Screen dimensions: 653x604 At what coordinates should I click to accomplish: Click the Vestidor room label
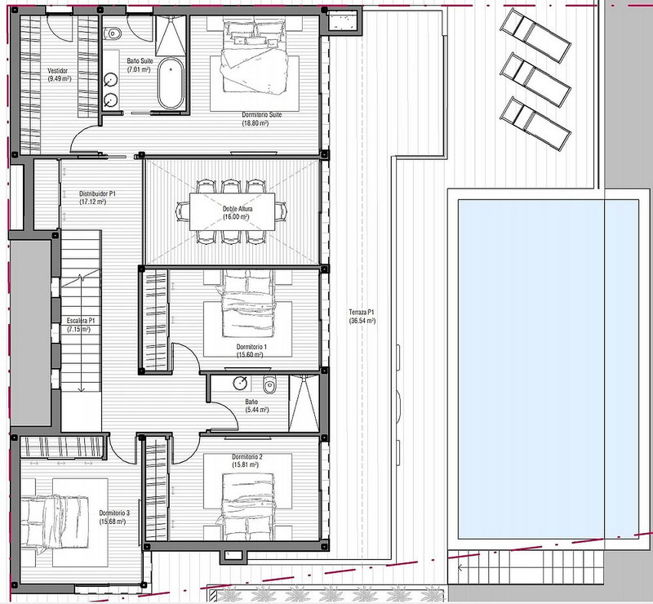point(57,71)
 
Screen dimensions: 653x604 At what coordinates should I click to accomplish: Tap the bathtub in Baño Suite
point(171,83)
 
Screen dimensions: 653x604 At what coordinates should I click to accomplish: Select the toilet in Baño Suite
point(112,33)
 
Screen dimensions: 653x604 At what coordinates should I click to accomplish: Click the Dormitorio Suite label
point(262,114)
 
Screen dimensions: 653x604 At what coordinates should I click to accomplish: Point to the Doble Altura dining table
point(232,211)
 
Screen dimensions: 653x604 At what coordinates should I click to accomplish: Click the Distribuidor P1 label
point(97,193)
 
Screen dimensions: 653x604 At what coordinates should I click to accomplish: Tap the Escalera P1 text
point(81,321)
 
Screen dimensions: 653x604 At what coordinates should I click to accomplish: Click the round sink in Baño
point(240,384)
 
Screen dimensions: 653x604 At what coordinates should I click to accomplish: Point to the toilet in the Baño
point(270,384)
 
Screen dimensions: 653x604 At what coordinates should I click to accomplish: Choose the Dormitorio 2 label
point(247,456)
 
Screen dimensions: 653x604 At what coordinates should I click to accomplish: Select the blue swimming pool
point(549,369)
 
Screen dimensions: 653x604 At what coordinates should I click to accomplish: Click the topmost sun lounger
point(535,35)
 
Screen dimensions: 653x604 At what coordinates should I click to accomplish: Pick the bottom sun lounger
point(535,123)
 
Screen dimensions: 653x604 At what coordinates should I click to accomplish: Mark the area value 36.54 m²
point(362,321)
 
